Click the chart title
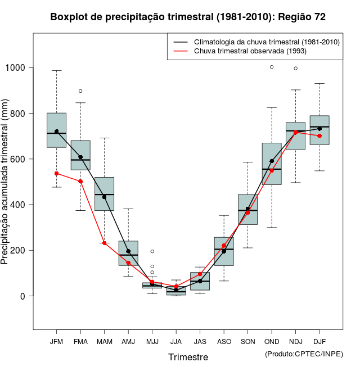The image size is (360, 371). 188,17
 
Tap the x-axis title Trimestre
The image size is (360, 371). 188,357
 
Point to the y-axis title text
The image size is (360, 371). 5,183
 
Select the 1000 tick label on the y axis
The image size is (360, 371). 16,68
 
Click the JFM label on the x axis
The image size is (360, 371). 56,341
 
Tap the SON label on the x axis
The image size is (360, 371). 248,341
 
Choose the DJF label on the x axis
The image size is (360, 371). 319,341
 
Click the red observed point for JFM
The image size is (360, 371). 56,173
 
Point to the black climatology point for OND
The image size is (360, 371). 272,161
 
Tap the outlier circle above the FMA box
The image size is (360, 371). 80,91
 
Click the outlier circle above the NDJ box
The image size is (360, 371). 296,69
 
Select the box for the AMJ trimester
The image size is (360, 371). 128,253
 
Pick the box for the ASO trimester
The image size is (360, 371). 224,251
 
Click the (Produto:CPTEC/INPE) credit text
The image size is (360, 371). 304,354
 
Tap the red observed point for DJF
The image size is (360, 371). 319,135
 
